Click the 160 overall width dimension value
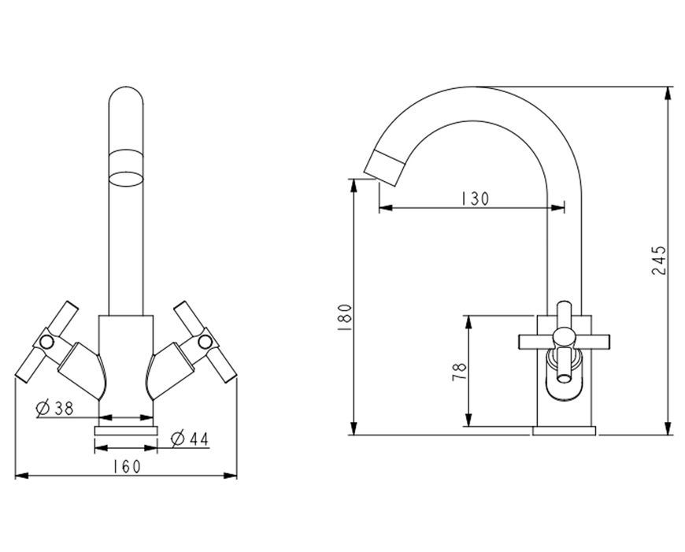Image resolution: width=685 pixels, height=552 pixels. (127, 467)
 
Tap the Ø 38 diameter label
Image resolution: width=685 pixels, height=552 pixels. (54, 408)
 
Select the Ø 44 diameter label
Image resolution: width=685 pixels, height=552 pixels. (190, 439)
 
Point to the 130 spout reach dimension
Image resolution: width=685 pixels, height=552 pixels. (476, 199)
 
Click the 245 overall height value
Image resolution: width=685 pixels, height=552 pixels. (659, 261)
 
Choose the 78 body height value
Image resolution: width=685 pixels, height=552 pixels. (459, 372)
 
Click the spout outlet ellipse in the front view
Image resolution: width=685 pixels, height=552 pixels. (126, 180)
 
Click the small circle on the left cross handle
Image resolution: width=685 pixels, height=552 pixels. (46, 343)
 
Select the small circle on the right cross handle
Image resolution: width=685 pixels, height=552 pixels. (205, 342)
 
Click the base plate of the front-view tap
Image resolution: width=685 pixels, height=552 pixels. (126, 431)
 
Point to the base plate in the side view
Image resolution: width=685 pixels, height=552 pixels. (565, 431)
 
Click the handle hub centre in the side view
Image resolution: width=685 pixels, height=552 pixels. (564, 337)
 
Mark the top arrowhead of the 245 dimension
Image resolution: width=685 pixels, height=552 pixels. (668, 93)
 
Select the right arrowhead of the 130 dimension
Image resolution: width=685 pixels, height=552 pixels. (558, 208)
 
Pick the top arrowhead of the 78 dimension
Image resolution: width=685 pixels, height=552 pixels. (468, 322)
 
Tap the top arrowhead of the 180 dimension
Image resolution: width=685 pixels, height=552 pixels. (354, 185)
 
